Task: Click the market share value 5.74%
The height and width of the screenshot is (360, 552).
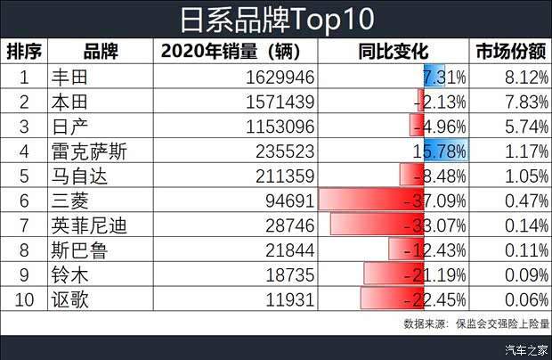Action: pos(520,127)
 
